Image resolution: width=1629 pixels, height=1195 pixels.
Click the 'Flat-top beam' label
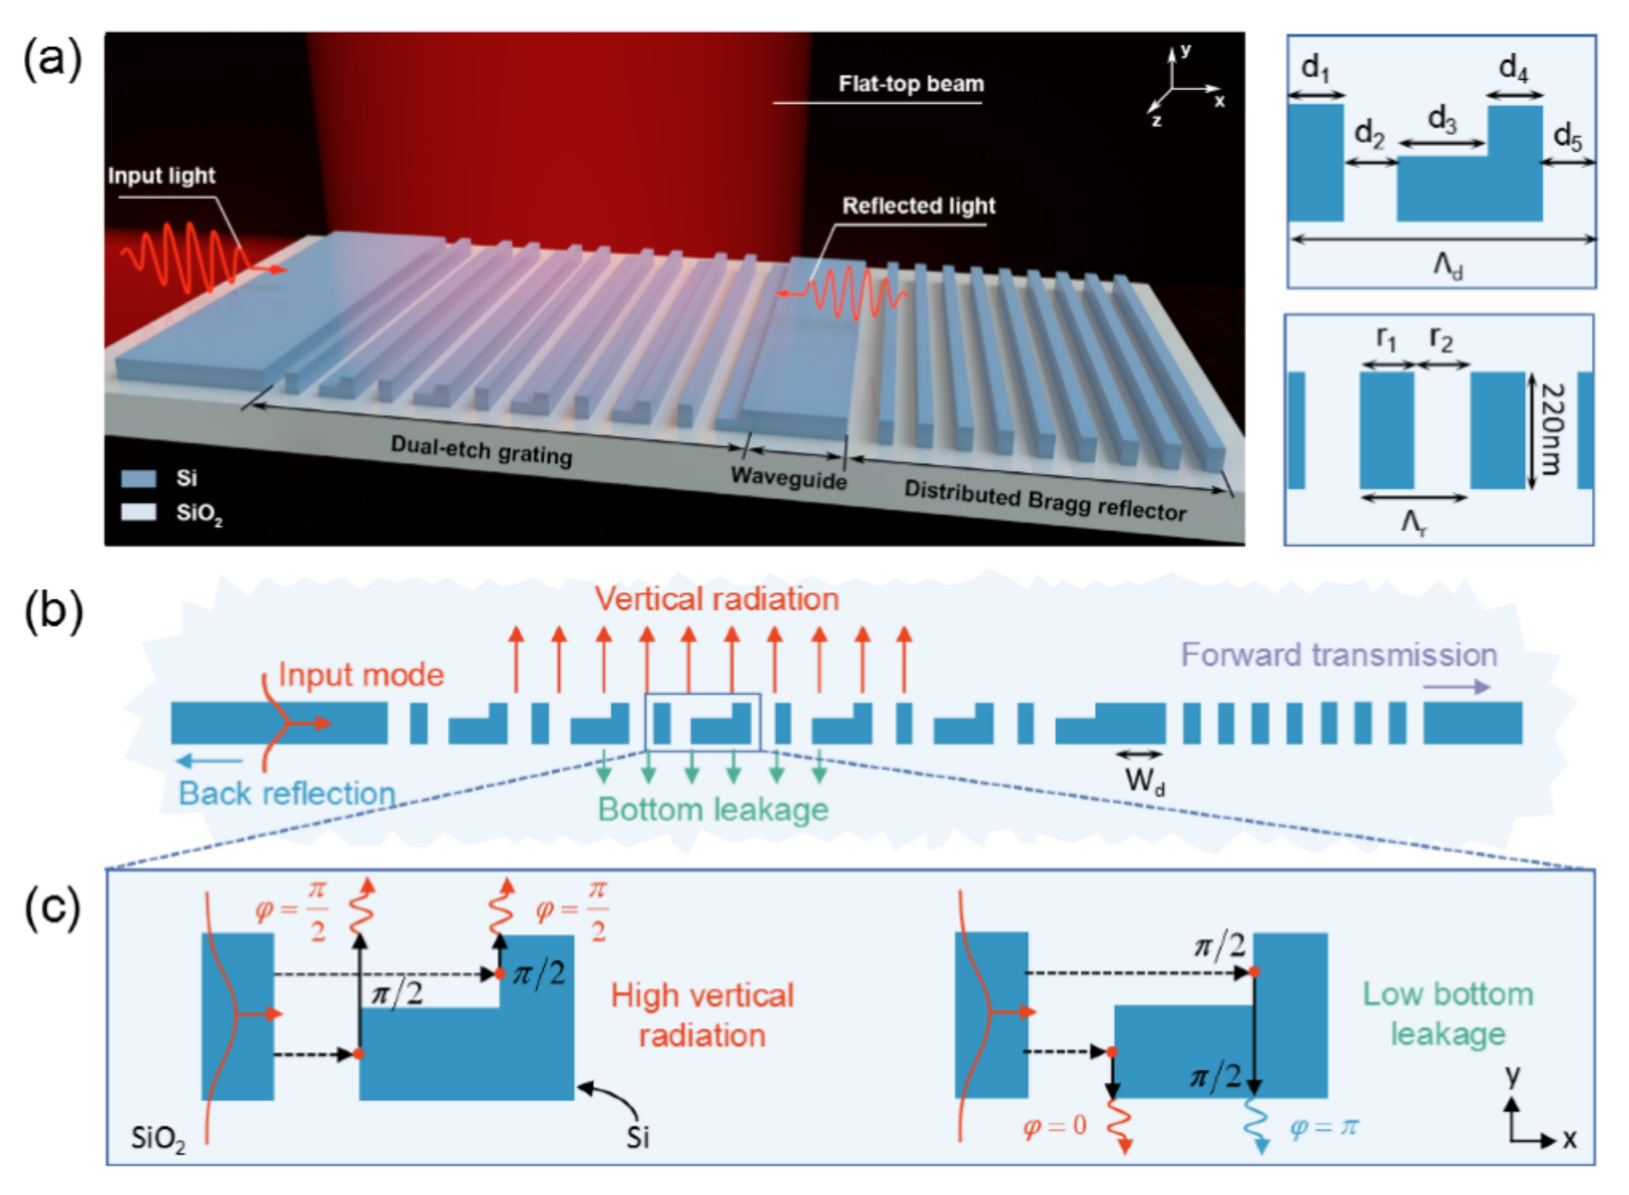911,84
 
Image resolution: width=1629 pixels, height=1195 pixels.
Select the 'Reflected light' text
918,206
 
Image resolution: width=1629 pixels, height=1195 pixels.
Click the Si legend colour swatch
139,478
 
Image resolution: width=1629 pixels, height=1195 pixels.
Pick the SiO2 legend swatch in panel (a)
139,512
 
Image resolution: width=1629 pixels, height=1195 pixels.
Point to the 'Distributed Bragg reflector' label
1044,501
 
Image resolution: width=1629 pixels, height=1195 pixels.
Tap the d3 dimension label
1441,120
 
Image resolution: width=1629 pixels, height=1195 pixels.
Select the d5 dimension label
1567,136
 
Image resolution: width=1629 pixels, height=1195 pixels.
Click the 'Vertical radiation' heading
717,599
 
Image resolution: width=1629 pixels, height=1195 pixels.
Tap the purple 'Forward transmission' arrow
1456,687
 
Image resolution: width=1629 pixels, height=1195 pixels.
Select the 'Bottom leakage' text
713,810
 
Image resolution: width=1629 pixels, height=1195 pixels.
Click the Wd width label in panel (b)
1145,781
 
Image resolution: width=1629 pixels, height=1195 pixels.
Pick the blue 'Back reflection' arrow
209,761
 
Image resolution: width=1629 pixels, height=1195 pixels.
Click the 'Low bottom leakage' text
1447,1014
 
